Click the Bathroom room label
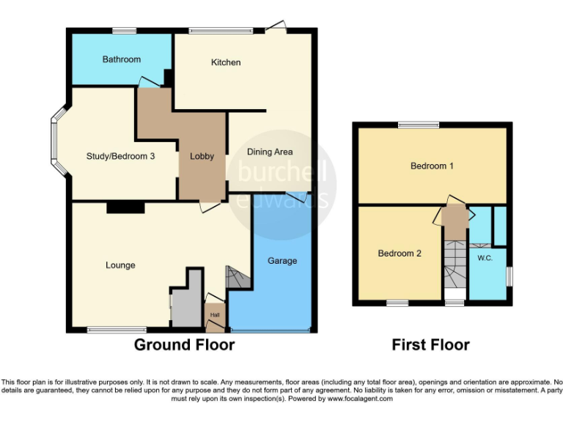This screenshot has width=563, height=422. point(121,59)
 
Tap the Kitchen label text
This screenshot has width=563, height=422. point(226,62)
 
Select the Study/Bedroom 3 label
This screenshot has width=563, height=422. point(120,155)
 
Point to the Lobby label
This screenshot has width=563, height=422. point(202,155)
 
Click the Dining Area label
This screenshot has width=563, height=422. point(270,152)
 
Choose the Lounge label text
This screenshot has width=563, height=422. point(120,265)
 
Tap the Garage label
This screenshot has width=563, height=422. point(282,261)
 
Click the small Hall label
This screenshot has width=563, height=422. point(215,315)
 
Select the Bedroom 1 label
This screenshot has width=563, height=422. point(432,166)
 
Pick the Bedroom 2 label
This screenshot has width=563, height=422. point(400,253)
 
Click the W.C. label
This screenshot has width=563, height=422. point(484,258)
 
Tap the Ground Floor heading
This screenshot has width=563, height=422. point(184,344)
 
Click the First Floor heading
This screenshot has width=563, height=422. point(430,344)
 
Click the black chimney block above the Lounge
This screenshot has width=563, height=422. point(125,208)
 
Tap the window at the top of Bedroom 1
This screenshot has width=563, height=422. point(419,125)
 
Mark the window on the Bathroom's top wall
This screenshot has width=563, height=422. point(122,30)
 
